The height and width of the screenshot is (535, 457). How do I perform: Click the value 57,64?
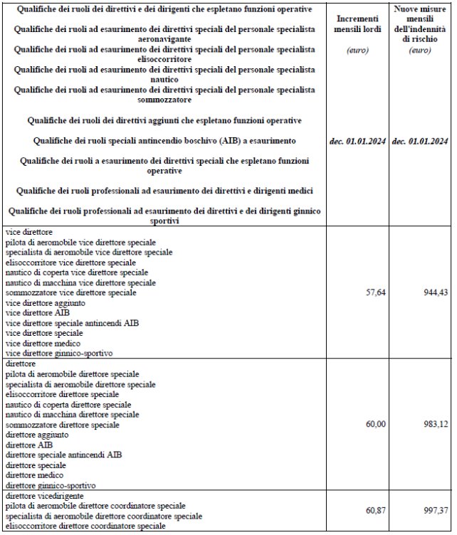(x=374, y=292)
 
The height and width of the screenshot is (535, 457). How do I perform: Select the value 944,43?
(x=434, y=292)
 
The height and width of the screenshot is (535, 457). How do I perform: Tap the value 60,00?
(x=374, y=424)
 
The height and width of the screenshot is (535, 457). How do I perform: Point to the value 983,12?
(x=434, y=424)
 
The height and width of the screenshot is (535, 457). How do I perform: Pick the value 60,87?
(x=374, y=511)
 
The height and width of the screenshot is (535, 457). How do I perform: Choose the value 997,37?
(x=434, y=511)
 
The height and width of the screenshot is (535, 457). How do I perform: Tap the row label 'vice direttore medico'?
(x=42, y=343)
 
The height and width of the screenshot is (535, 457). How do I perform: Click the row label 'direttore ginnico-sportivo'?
(x=50, y=484)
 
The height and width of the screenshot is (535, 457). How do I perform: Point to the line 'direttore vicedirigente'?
(x=44, y=495)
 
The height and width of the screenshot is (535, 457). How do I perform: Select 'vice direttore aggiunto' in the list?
(x=45, y=302)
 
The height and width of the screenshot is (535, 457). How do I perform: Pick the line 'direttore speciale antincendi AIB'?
(x=63, y=455)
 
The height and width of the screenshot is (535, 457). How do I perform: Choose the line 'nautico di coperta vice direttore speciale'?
(x=77, y=272)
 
